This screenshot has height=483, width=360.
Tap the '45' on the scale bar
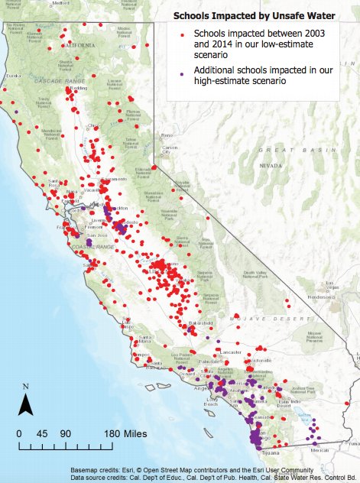(42, 433)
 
